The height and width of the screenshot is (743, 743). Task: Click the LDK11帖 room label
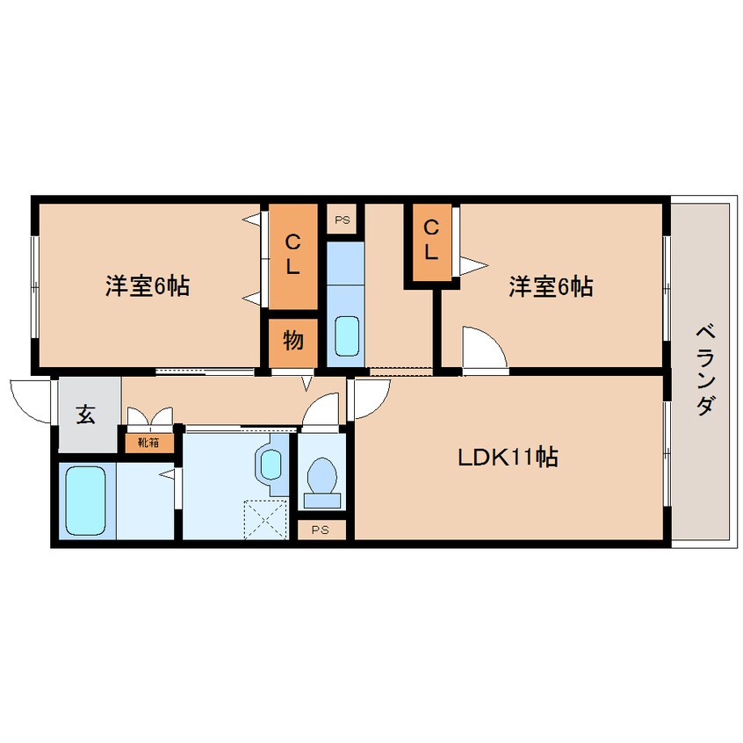(x=508, y=458)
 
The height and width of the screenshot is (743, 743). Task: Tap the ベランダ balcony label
(x=705, y=370)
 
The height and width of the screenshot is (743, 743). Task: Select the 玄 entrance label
(x=86, y=414)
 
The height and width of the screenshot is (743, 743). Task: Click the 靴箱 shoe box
(x=148, y=443)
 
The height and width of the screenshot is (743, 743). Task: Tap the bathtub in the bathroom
(x=86, y=501)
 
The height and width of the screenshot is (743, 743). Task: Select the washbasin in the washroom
(x=271, y=465)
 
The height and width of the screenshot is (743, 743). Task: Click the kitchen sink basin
(x=347, y=336)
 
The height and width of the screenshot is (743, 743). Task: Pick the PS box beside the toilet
(x=321, y=530)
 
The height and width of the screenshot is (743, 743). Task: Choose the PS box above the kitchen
(x=343, y=219)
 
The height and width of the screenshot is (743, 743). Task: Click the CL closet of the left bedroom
(x=293, y=256)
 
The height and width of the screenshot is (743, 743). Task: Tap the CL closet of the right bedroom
(x=432, y=242)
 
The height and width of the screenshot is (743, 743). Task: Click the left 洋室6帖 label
(x=148, y=285)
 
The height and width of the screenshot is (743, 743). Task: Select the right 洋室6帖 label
(x=551, y=286)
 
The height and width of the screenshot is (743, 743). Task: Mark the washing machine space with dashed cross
(x=265, y=520)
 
